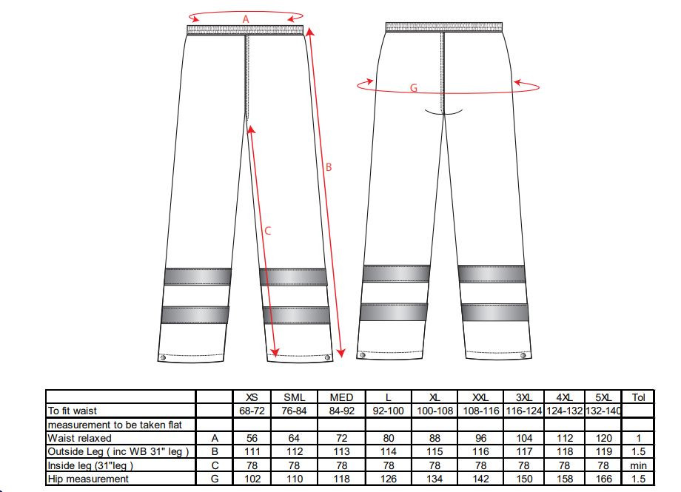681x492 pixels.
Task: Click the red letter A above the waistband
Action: click(246, 19)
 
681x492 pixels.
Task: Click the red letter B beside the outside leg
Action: click(329, 167)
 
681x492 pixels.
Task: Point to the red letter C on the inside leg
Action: click(267, 231)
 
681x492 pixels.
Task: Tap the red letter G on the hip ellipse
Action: click(414, 88)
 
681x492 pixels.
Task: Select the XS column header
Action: click(252, 397)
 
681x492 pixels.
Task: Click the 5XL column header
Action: click(604, 397)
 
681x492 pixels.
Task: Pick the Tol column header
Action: click(638, 397)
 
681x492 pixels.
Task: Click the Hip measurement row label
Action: click(88, 479)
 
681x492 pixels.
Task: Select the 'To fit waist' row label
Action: click(72, 411)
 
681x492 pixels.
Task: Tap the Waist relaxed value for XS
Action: click(252, 438)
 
